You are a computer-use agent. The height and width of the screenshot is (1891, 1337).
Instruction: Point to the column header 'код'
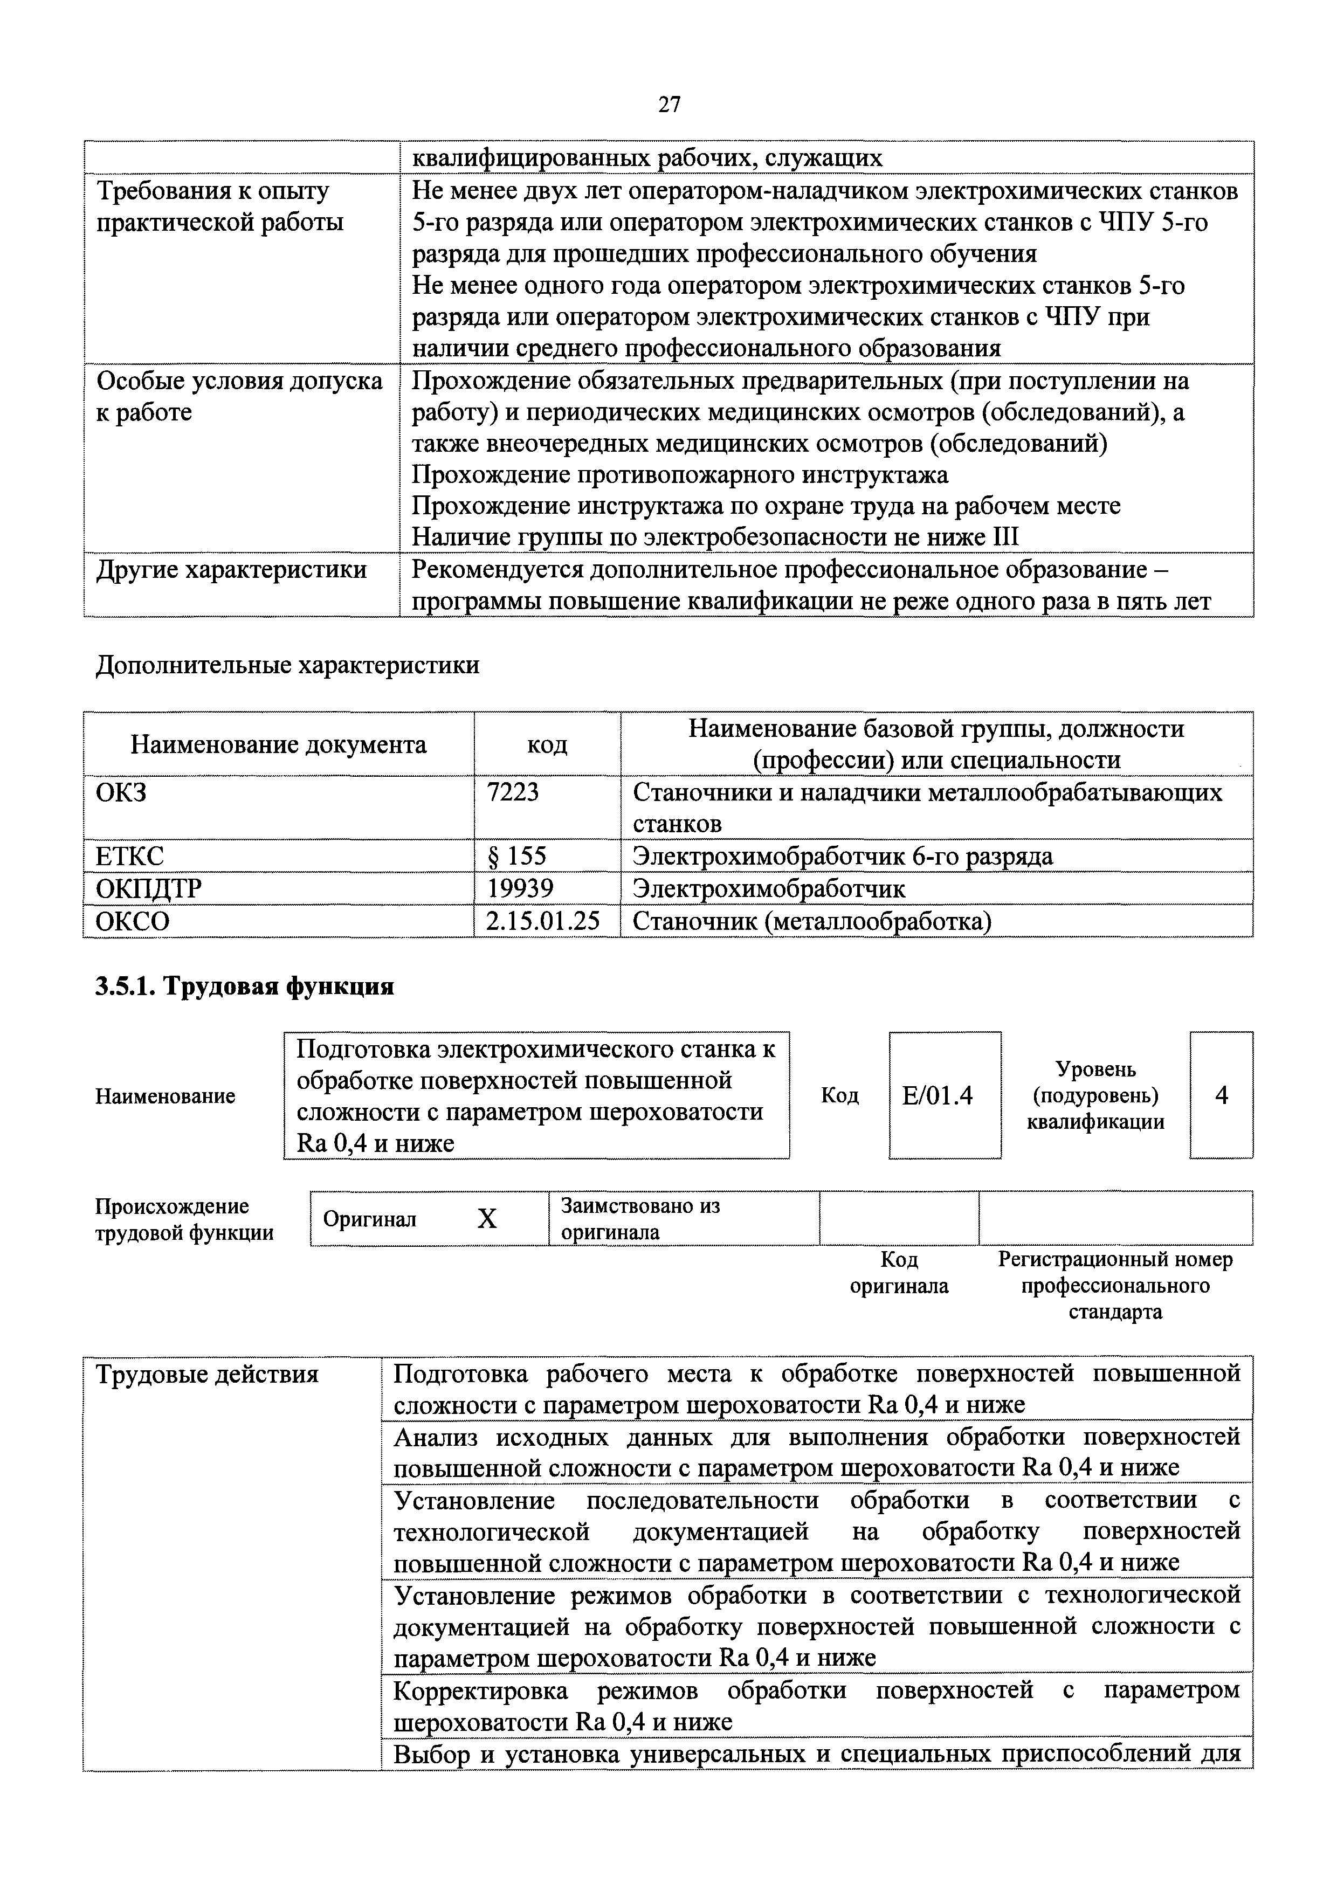547,744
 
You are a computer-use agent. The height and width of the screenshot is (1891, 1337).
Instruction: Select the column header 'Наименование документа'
278,744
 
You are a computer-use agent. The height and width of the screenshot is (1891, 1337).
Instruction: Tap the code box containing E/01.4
944,1095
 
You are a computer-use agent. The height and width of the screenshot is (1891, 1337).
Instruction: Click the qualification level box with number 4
1221,1095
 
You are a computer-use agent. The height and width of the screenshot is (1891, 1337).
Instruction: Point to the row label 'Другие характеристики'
231,570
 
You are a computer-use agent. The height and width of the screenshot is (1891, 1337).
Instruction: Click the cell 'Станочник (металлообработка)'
811,921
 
